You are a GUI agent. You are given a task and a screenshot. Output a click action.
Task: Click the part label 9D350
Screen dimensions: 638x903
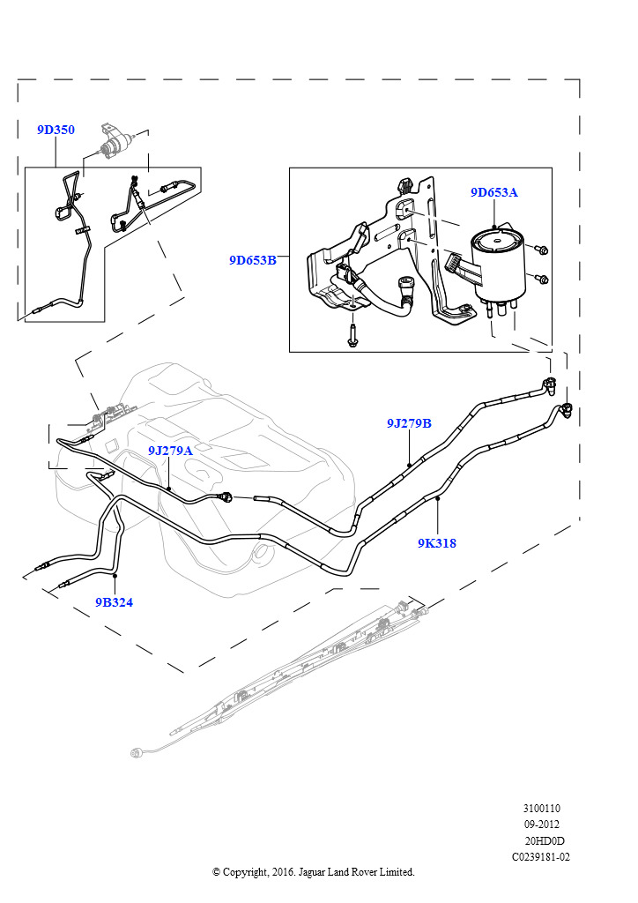point(56,130)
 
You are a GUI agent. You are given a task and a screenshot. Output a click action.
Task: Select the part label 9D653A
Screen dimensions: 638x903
point(494,192)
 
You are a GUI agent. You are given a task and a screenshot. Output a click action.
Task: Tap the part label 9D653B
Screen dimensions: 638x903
point(253,260)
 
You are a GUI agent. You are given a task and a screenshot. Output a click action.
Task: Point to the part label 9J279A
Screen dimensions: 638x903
point(170,451)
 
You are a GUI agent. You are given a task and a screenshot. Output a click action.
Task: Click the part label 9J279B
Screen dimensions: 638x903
point(409,423)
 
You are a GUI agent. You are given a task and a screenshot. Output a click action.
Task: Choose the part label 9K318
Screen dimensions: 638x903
point(437,543)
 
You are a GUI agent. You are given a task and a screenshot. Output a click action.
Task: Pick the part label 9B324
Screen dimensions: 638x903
point(114,602)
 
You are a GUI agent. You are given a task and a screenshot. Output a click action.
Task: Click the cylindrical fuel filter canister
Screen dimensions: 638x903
point(497,264)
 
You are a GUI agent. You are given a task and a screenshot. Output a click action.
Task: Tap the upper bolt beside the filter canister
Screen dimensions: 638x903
point(541,250)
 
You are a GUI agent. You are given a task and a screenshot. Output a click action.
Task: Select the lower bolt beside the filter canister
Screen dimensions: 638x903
point(541,280)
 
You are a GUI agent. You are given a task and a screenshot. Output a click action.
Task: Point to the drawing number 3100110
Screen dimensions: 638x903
point(541,809)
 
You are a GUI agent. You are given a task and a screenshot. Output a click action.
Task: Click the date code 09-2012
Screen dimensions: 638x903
point(541,825)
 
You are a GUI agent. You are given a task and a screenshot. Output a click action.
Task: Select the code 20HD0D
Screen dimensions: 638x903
point(545,840)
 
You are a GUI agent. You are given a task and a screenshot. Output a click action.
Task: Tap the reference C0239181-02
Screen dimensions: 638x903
point(541,857)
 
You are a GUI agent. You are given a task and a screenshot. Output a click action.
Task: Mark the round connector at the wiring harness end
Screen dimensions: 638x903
point(137,752)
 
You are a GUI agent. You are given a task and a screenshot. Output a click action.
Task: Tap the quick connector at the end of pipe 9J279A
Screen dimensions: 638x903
point(226,496)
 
